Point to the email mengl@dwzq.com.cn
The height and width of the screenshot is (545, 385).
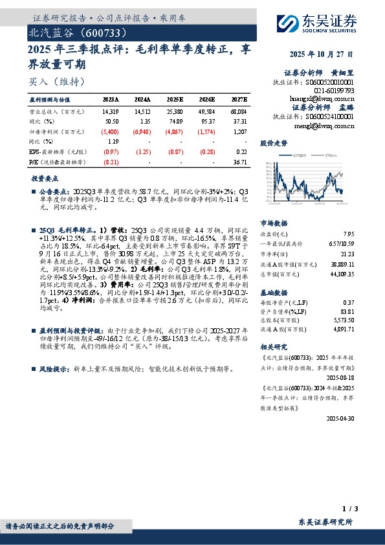(324, 125)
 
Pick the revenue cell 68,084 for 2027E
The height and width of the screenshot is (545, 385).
(238, 112)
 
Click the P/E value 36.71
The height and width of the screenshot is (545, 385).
(239, 162)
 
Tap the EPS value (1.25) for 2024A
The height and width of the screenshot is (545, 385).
(142, 152)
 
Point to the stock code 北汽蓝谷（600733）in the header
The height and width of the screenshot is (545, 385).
(72, 32)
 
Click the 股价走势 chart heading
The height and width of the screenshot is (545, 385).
(273, 142)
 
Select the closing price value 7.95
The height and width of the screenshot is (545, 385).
(349, 233)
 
